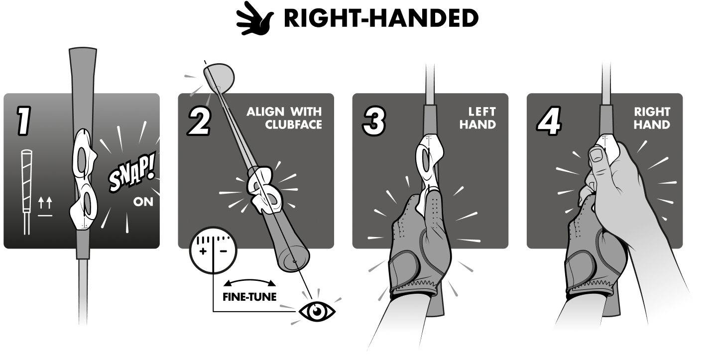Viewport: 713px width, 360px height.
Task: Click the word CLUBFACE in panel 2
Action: coord(293,124)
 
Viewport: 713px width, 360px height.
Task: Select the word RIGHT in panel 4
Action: coord(652,112)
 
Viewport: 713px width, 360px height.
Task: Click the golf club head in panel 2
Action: coord(220,76)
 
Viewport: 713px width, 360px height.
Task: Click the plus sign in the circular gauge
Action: coord(203,251)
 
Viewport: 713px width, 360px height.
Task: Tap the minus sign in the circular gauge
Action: coord(223,251)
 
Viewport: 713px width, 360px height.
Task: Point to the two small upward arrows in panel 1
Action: coord(45,203)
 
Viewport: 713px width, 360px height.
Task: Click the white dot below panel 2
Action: coord(315,309)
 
